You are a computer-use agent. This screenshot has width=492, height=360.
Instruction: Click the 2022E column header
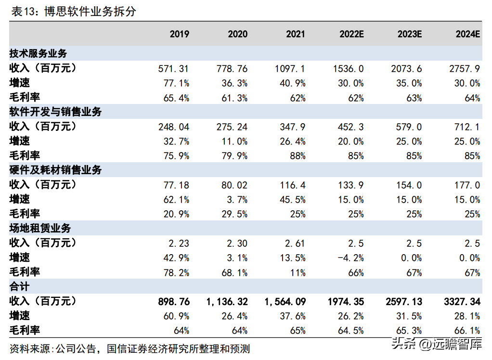click(351, 34)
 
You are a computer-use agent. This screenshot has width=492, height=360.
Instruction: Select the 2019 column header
click(180, 34)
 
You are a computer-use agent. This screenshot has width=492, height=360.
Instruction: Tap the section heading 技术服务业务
click(39, 53)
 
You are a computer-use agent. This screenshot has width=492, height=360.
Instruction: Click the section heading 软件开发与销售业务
click(55, 112)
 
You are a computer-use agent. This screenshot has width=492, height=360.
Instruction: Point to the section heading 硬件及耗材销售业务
click(55, 170)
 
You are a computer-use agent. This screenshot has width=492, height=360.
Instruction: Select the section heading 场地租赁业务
click(40, 228)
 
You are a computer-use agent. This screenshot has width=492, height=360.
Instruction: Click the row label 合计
click(19, 287)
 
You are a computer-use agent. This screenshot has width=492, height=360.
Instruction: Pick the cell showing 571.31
click(173, 69)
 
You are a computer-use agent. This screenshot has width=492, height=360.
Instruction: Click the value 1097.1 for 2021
click(290, 69)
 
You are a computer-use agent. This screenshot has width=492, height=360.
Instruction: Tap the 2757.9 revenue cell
click(465, 69)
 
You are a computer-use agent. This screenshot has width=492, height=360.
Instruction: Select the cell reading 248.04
click(173, 127)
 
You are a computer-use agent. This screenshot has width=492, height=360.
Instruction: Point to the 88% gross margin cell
click(298, 156)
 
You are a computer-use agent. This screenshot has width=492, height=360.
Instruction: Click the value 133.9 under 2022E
click(351, 185)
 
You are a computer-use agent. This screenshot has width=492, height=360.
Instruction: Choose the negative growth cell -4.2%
click(350, 258)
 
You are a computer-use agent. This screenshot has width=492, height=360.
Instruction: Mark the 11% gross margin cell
click(298, 272)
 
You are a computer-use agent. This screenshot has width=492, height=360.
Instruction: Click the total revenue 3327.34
click(462, 302)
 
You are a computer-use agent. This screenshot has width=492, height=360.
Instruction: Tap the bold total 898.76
click(174, 302)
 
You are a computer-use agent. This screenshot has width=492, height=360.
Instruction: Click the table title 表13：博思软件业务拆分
click(74, 12)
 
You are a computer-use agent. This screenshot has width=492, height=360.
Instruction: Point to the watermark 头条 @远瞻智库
click(437, 344)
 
